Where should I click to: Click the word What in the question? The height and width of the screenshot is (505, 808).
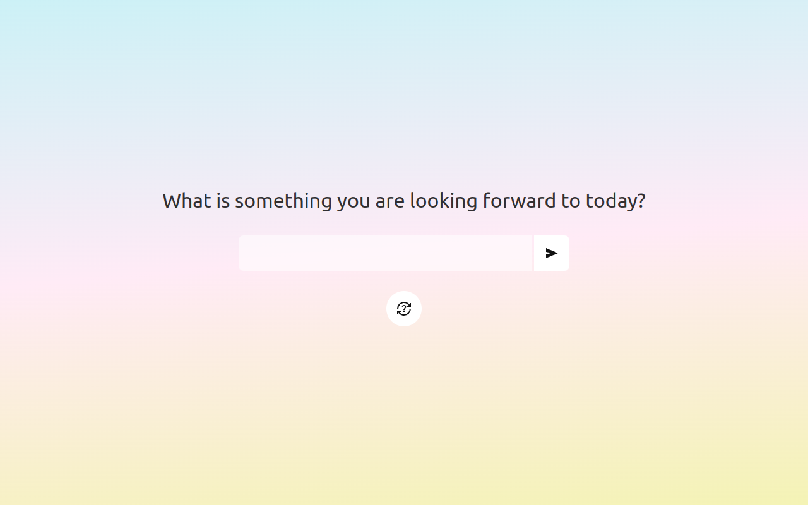tap(186, 201)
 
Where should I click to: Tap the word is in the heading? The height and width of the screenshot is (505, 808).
tap(223, 201)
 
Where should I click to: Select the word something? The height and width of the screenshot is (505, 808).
tap(283, 201)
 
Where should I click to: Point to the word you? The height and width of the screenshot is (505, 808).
tap(353, 201)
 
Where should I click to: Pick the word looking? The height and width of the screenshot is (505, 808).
tap(443, 201)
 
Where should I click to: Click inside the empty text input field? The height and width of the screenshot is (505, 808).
tap(385, 253)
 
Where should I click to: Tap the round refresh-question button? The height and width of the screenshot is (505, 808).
tap(404, 309)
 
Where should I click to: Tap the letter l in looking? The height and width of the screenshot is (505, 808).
tap(413, 201)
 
